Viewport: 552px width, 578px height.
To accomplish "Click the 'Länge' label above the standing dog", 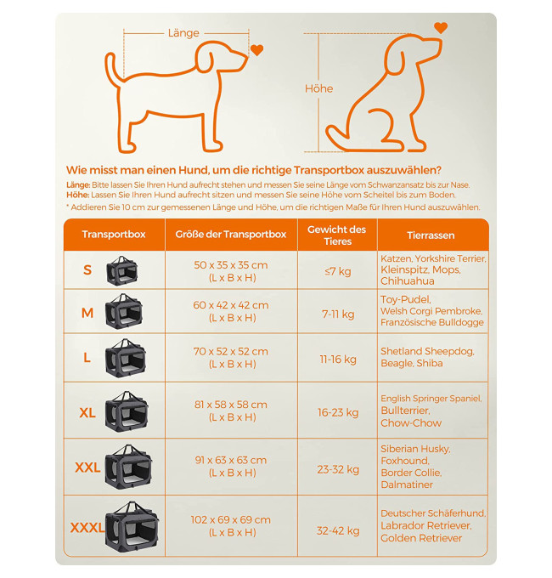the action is [183, 33].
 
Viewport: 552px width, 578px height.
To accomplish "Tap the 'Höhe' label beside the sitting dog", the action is [319, 88].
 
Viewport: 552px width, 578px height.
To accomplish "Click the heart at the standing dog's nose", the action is [256, 50].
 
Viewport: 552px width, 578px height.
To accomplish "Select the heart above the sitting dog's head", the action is [441, 28].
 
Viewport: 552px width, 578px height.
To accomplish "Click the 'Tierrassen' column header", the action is [431, 235].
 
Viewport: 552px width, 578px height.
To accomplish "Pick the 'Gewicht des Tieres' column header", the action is [337, 235].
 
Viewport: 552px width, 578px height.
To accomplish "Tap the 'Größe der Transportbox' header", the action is [231, 235].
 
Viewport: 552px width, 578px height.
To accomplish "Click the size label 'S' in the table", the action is [87, 270].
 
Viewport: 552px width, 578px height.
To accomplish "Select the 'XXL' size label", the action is [87, 467].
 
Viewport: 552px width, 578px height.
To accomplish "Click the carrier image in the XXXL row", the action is [132, 526].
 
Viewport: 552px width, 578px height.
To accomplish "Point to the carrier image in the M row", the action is [124, 311].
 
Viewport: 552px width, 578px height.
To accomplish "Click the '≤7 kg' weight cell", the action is [338, 271].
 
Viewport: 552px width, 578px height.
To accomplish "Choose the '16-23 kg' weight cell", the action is [338, 412].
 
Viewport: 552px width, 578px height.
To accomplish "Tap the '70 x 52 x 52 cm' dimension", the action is [231, 351].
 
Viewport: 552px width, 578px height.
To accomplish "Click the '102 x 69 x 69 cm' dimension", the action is [231, 519].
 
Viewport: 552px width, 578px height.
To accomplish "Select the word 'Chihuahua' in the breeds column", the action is [408, 280].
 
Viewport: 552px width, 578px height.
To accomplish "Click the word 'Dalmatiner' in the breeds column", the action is [407, 484].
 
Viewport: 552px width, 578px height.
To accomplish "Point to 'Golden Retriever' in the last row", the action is [421, 538].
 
